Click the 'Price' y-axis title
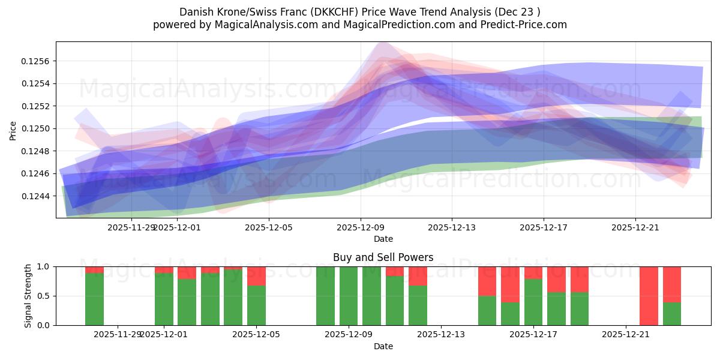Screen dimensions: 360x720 pos(13,130)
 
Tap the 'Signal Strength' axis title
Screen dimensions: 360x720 pos(28,296)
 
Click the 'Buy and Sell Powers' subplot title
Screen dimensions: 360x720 pos(383,257)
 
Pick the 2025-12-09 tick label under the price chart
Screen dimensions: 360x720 pos(361,227)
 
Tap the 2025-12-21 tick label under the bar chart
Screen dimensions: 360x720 pos(626,334)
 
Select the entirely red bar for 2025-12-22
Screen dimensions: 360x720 pos(649,296)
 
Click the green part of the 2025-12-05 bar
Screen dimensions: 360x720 pos(256,306)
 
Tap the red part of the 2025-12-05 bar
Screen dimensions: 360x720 pos(256,276)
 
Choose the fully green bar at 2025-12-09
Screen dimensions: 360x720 pos(349,296)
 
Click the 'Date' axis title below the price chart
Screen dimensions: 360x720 pos(383,239)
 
